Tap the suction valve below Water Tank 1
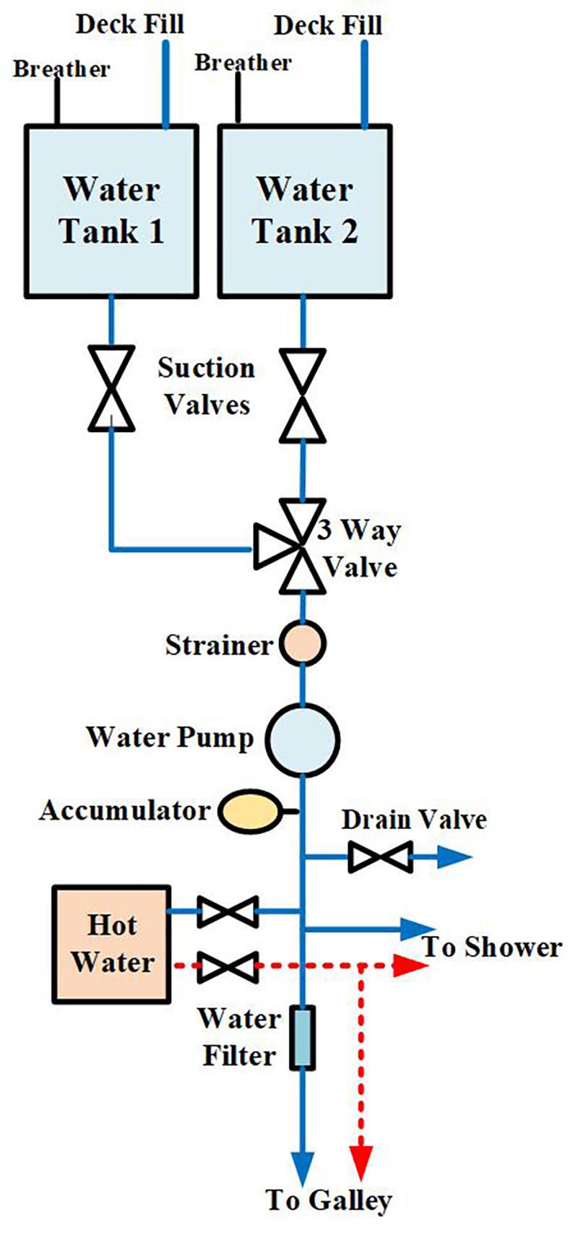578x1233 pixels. pos(111,387)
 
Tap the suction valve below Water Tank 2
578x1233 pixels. pos(303,395)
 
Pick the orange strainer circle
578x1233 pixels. pos(303,643)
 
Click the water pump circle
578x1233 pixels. pos(303,737)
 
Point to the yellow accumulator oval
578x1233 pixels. pos(250,811)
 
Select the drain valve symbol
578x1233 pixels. pos(380,859)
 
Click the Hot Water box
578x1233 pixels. pos(112,944)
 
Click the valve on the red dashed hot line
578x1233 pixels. pos(228,966)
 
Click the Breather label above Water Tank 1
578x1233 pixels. pos(61,69)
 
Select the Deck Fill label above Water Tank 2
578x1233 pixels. pos(328,26)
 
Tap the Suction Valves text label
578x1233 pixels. pos(207,386)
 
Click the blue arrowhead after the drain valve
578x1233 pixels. pos(455,859)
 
